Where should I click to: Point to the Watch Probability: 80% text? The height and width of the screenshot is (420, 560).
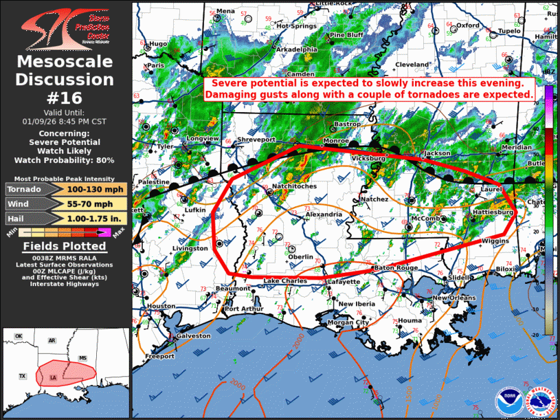pos(65,159)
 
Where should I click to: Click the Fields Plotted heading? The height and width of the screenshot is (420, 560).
pos(65,246)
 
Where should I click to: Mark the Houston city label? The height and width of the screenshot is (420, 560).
pos(161,306)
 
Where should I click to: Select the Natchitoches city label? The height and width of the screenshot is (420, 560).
pos(294,186)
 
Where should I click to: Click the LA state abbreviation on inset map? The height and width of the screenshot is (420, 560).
pos(54,377)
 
